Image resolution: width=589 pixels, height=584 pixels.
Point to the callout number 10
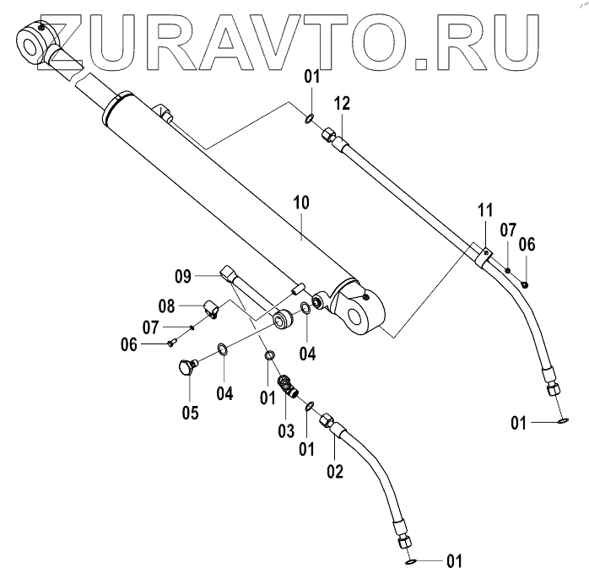302,203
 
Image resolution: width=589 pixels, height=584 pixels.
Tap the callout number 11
484,211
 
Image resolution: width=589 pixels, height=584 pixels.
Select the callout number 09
185,275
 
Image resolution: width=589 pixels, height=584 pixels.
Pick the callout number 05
190,413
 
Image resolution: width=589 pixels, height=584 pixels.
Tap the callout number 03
287,431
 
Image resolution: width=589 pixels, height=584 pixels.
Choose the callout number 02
334,471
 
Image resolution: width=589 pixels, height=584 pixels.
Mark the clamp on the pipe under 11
485,255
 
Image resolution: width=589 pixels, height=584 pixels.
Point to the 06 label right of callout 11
527,245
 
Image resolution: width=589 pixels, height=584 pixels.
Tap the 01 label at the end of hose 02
455,560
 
